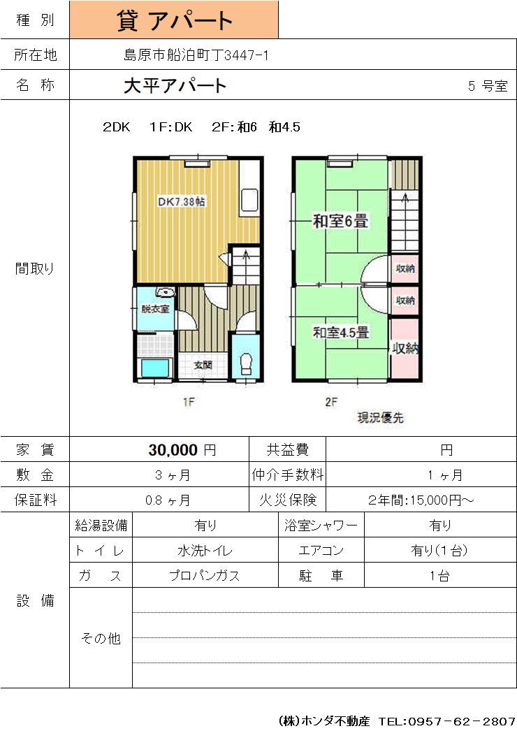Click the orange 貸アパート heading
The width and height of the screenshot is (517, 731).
point(175,20)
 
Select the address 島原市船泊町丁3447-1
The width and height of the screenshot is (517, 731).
point(196,55)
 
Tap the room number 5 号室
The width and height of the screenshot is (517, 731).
point(488,86)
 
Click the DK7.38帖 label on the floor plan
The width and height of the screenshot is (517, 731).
point(182,201)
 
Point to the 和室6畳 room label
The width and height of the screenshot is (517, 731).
point(340,221)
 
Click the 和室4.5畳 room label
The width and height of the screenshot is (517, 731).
point(341,333)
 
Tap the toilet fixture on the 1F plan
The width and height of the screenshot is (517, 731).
point(246,363)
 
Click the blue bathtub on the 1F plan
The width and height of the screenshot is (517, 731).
point(154,368)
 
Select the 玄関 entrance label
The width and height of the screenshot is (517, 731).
point(203,365)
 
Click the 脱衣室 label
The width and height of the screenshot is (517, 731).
point(155,309)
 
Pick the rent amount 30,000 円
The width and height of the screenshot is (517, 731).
point(182,450)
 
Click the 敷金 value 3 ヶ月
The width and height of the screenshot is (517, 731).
point(173,475)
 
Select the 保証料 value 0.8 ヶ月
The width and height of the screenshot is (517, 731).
point(168,500)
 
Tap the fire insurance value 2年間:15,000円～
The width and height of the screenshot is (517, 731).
point(421,500)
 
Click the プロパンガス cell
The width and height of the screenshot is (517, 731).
point(205,576)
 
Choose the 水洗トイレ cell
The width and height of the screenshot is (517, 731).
point(205,551)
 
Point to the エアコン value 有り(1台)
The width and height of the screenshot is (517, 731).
point(439,551)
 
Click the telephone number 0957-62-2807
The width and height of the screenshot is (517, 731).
point(462,721)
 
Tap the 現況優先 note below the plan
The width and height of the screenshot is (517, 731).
point(380,418)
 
